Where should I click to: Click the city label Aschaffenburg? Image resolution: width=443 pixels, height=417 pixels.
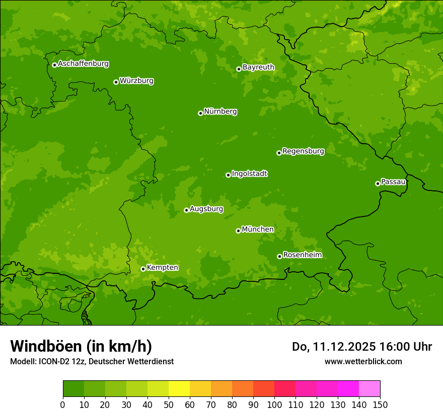83,64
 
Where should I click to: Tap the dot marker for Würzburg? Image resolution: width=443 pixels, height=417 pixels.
116,82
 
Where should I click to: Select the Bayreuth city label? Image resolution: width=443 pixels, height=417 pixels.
258,67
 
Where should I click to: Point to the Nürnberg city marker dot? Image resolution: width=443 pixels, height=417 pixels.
200,113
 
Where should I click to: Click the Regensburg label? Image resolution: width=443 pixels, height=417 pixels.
303,151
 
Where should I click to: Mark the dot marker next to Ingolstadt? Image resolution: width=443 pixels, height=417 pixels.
228,175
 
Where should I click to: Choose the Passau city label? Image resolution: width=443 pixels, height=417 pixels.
393,182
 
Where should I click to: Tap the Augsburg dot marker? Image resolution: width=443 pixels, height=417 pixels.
186,210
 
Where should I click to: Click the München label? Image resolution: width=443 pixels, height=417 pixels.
258,230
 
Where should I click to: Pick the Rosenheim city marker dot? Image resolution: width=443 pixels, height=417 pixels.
279,256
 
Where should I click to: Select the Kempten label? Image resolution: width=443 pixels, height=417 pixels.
162,268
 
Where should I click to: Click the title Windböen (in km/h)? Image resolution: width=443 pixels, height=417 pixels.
81,346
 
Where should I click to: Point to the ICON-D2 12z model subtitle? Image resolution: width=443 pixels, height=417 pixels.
92,362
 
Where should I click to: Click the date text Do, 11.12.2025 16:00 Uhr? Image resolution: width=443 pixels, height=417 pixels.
362,347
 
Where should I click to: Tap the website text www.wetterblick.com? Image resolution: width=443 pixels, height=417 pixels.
363,362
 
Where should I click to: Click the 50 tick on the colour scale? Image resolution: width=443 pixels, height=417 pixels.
169,404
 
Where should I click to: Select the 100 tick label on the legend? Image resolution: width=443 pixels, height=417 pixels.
274,404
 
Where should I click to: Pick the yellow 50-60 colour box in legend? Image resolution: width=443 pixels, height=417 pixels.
179,389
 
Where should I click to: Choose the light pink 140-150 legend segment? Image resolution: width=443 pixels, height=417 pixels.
370,389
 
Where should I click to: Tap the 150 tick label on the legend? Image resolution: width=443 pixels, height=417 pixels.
380,404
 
